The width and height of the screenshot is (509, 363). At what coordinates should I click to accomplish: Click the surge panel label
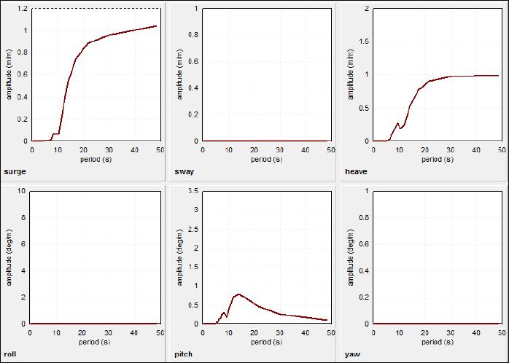tap(15, 171)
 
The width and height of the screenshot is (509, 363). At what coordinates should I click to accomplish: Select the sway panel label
tap(184, 171)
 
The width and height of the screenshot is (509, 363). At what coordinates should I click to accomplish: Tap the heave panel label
tap(356, 171)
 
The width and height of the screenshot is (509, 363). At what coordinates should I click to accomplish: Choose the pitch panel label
tap(184, 354)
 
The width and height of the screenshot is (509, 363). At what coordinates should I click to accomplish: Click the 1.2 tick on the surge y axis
tap(24, 9)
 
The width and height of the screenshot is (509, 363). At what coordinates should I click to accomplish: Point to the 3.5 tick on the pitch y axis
tap(194, 191)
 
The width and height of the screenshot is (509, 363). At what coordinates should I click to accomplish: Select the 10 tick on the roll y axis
tap(22, 191)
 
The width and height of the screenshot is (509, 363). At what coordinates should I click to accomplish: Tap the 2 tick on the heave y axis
tap(367, 9)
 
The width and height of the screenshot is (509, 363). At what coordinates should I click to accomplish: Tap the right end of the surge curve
tap(156, 26)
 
